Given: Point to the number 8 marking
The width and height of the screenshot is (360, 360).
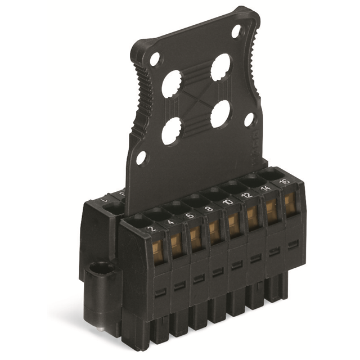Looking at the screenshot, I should [x=210, y=209].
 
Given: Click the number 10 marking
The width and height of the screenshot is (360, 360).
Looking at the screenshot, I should [x=228, y=202].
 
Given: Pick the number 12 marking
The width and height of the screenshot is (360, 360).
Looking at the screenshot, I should [x=247, y=195].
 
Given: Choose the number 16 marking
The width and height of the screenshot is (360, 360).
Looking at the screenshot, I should [x=285, y=181].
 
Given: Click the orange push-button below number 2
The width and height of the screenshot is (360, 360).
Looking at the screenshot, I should [x=158, y=251].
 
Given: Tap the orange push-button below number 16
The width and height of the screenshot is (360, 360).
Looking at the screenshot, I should [x=290, y=204].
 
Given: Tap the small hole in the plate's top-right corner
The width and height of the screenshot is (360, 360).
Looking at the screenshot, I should [x=236, y=31].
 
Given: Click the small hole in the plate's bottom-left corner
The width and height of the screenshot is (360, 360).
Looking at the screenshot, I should [x=141, y=158].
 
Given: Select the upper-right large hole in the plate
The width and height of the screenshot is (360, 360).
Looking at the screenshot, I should [x=220, y=67].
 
